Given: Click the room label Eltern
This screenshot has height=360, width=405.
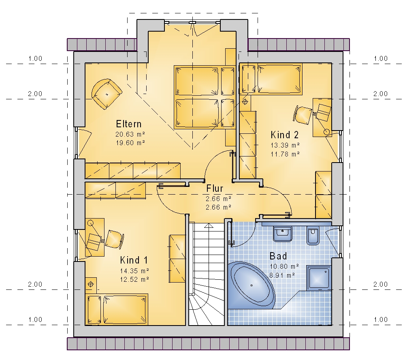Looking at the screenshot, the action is pyautogui.click(x=129, y=124).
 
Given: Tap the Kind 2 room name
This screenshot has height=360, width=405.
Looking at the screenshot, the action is pyautogui.click(x=284, y=135).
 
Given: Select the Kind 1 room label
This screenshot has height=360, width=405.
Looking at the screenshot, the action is pyautogui.click(x=134, y=260).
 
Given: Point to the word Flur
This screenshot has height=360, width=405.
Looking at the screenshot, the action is pyautogui.click(x=215, y=189).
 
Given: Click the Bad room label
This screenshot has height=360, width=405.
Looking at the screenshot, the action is pyautogui.click(x=278, y=256).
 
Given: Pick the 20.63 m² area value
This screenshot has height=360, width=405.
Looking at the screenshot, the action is pyautogui.click(x=130, y=134).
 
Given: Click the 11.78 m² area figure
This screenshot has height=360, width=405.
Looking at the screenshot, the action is pyautogui.click(x=285, y=154).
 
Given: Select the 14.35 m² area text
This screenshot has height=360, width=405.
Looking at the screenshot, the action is pyautogui.click(x=134, y=271).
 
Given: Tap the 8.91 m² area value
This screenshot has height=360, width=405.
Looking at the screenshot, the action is pyautogui.click(x=282, y=275).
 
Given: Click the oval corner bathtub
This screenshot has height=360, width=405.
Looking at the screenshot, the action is pyautogui.click(x=252, y=285).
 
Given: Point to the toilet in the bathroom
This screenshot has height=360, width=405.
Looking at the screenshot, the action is pyautogui.click(x=313, y=236).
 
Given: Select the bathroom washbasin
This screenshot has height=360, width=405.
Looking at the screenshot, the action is pyautogui.click(x=283, y=234).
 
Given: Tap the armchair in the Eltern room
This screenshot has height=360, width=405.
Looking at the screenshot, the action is pyautogui.click(x=107, y=94).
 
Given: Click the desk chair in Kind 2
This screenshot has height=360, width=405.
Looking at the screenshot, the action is pyautogui.click(x=303, y=114).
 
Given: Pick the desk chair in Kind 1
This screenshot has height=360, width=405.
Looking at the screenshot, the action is pyautogui.click(x=114, y=240).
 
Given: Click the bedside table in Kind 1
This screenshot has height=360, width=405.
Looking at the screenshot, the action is pyautogui.click(x=91, y=285).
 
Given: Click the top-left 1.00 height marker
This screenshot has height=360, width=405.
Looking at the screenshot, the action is pyautogui.click(x=35, y=58).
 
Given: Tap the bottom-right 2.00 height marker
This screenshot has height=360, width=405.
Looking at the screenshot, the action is pyautogui.click(x=380, y=284).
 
